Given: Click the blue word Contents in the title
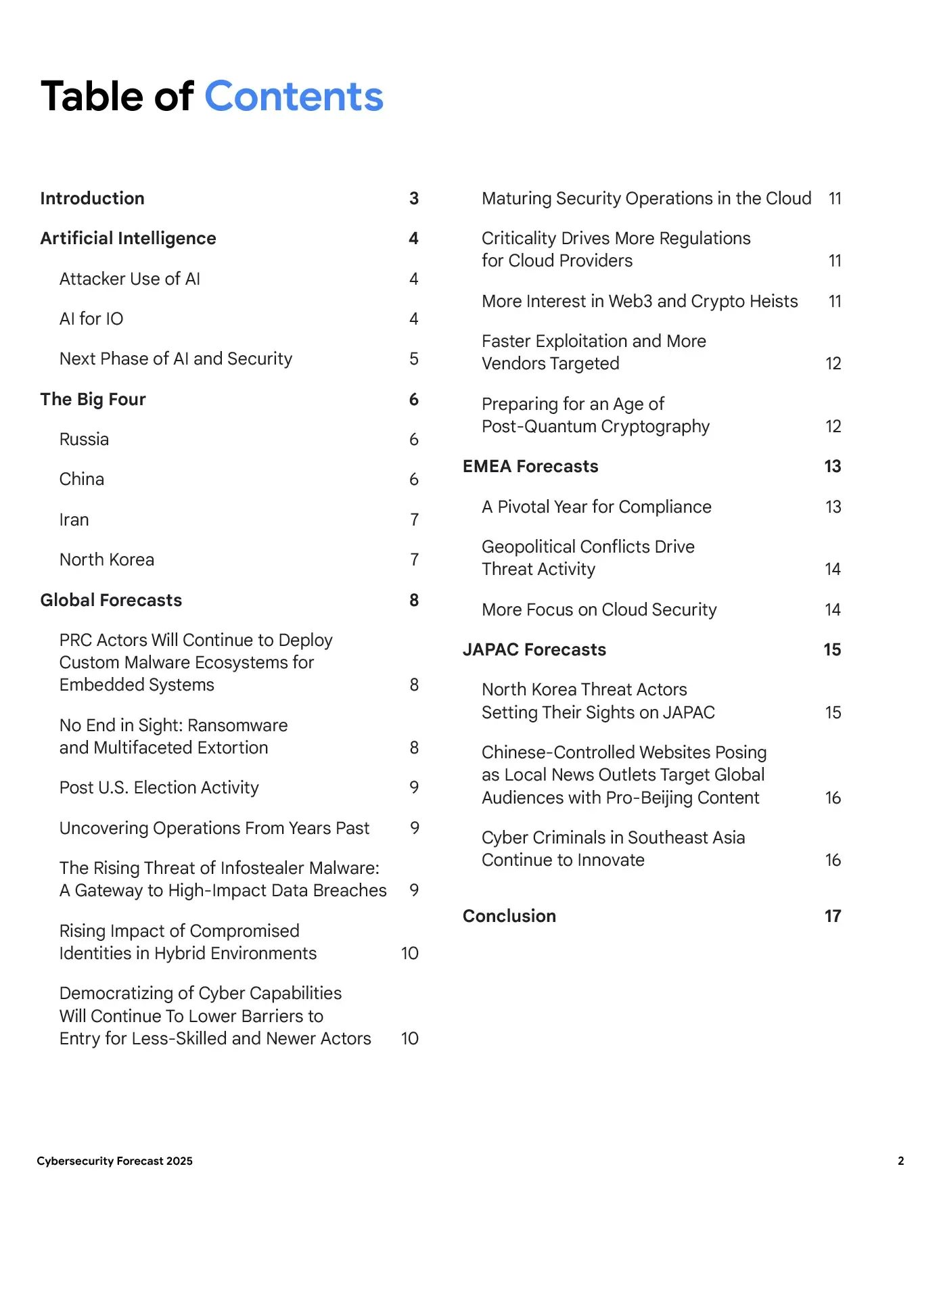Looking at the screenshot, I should (x=294, y=96).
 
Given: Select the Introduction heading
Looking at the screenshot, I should (x=92, y=198).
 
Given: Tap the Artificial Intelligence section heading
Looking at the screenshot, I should (x=128, y=238).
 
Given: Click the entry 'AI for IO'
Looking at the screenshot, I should (x=91, y=319).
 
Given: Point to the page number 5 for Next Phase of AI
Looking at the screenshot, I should (x=414, y=359).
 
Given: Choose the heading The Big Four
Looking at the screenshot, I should (x=93, y=399).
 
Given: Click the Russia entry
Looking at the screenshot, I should (x=84, y=439).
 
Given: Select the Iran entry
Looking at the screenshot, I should (x=74, y=519).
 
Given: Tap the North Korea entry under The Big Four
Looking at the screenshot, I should (x=107, y=559).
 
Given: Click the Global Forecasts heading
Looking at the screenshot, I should (x=111, y=600).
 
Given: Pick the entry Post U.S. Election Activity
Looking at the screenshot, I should (x=159, y=787).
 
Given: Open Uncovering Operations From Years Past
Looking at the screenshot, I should (x=214, y=828).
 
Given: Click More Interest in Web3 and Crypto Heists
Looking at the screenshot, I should (x=639, y=301).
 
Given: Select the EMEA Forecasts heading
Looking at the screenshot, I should (x=530, y=466).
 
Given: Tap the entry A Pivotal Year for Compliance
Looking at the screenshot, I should (x=596, y=507).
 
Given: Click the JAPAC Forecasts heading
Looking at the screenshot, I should (x=534, y=649).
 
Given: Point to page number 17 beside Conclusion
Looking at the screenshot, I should (x=832, y=916).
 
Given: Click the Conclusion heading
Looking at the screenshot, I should (x=509, y=916).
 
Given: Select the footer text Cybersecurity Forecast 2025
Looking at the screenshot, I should (x=114, y=1161).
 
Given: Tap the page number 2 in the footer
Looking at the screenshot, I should (x=900, y=1161).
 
